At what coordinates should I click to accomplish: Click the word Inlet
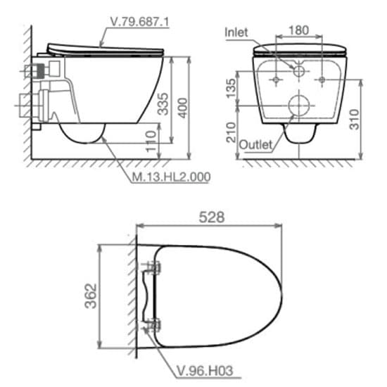coord(237,32)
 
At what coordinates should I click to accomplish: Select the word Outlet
coord(255,144)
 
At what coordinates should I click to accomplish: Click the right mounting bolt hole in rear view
coord(322,80)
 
